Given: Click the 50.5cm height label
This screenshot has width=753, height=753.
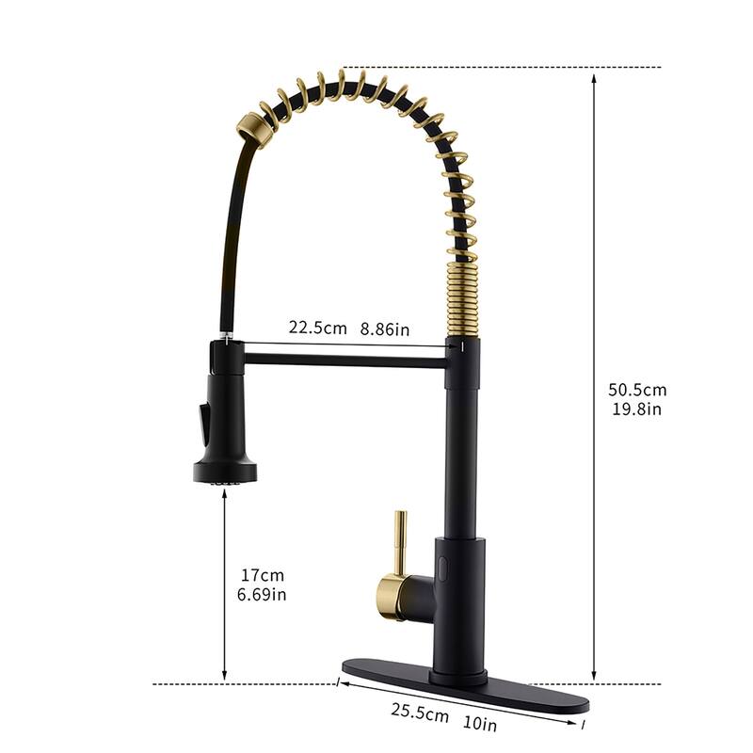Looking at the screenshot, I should pyautogui.click(x=637, y=390).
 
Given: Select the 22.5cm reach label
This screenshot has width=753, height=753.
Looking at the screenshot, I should pyautogui.click(x=316, y=328).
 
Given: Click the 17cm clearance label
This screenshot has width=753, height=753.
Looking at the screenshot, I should pyautogui.click(x=262, y=575).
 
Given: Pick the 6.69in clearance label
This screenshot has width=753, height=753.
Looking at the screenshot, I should pyautogui.click(x=262, y=594).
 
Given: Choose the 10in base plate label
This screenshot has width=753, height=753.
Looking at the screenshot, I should pyautogui.click(x=479, y=723).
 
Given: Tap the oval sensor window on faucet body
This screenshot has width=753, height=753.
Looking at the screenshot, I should pyautogui.click(x=441, y=565).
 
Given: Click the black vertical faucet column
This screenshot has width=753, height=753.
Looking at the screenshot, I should pyautogui.click(x=461, y=442).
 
